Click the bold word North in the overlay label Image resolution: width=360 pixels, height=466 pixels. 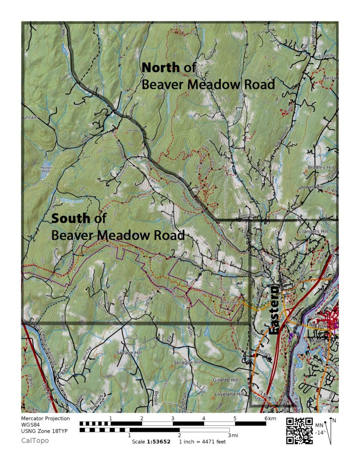[x=161, y=68]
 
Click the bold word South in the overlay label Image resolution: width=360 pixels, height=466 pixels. [x=71, y=219]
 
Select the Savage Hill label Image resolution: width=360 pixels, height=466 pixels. [x=126, y=353]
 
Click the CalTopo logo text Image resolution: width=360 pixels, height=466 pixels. [x=35, y=440]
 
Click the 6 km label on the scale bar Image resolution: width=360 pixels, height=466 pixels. [x=268, y=418]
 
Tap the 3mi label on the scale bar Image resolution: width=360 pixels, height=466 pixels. [x=232, y=435]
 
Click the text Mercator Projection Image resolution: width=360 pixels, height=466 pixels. [x=45, y=418]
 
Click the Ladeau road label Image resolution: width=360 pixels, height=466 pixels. [x=328, y=56]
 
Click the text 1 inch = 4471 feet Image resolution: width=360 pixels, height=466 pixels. [x=202, y=441]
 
